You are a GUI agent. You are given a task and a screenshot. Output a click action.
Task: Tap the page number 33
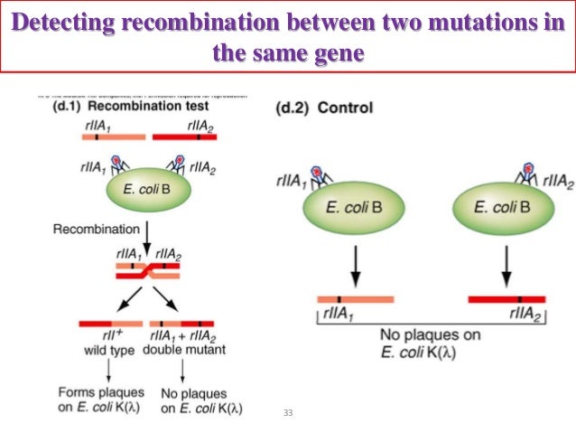tap(288, 413)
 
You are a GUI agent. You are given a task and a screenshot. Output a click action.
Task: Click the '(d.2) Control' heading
tap(322, 108)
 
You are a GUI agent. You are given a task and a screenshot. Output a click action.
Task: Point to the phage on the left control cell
tap(316, 173)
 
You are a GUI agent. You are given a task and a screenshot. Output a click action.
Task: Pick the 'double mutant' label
tap(185, 350)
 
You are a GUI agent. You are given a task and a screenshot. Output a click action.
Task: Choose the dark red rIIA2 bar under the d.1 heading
tap(185, 137)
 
